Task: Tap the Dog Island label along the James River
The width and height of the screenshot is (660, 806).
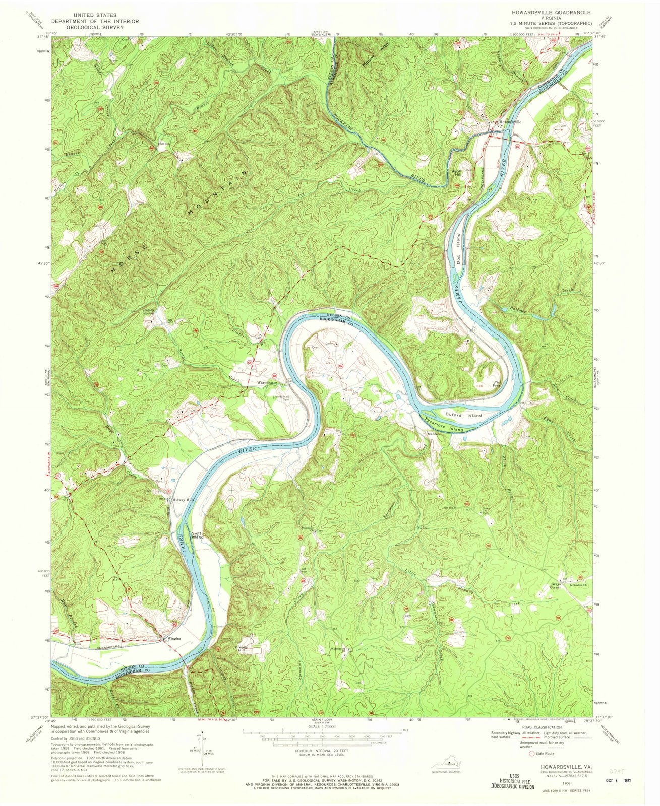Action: tap(459, 247)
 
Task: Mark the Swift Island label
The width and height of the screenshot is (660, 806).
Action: tap(197, 535)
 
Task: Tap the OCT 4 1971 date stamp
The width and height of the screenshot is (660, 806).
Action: tap(612, 780)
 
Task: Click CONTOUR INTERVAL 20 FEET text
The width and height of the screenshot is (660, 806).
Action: tap(321, 751)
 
